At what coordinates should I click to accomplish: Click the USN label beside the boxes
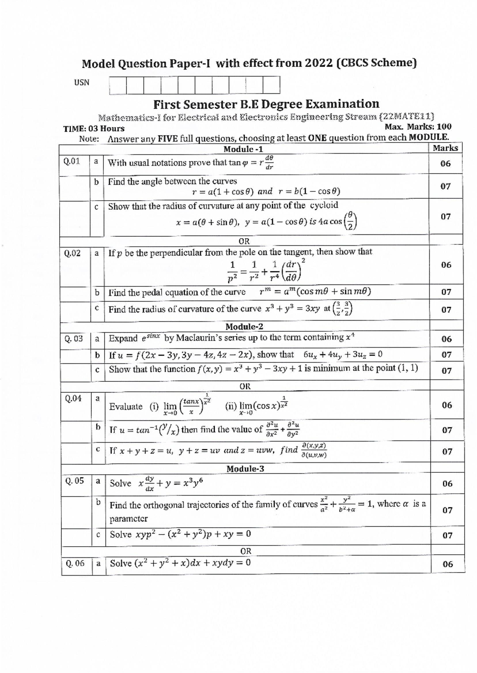[81, 83]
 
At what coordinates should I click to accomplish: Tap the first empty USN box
[118, 85]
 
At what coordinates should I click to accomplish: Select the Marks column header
[445, 148]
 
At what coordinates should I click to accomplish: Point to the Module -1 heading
[243, 149]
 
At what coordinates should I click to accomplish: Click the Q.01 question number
[72, 161]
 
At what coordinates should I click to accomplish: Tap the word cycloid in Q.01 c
[324, 205]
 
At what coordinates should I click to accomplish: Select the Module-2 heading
[244, 327]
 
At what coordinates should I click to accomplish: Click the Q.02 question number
[72, 253]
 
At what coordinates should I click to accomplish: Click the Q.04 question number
[73, 398]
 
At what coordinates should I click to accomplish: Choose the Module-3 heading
[245, 469]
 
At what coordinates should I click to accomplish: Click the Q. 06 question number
[75, 563]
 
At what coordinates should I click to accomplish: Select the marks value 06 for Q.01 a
[446, 164]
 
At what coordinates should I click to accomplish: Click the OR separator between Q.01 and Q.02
[244, 241]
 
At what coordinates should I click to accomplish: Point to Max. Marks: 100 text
[418, 127]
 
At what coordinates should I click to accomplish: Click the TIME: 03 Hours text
[94, 129]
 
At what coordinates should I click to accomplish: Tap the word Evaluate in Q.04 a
[126, 406]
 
